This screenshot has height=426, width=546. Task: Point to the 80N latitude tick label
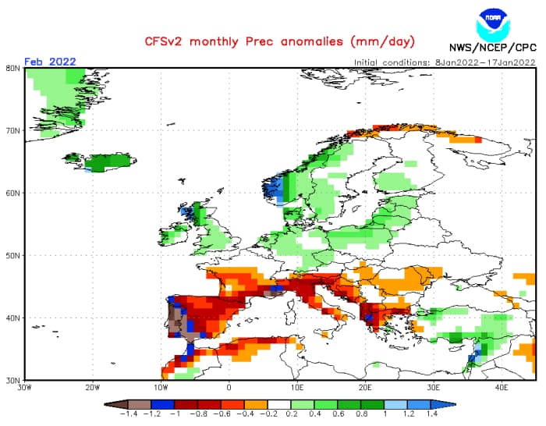12,68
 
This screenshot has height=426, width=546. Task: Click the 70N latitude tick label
12,130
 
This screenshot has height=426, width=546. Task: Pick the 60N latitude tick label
12,193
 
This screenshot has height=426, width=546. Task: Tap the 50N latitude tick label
12,255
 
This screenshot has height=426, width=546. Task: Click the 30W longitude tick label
24,388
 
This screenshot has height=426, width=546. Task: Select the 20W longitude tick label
92,388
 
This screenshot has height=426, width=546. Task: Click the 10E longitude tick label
297,388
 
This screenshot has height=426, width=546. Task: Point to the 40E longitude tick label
502,388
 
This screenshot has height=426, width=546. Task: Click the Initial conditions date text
444,62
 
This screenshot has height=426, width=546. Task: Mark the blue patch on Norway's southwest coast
273,190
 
